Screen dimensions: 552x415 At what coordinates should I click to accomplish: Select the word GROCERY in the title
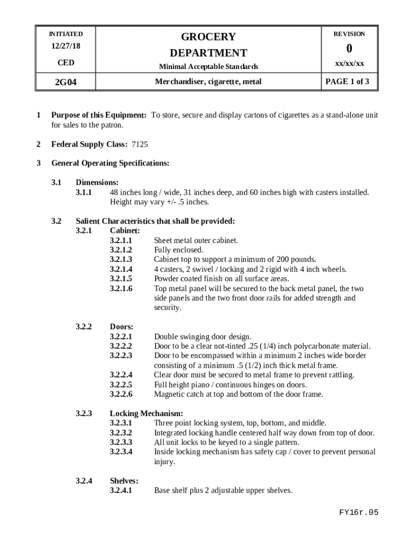click(208, 37)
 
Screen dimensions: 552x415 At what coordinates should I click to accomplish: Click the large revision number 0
click(349, 49)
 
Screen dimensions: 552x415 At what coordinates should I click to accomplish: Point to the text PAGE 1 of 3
click(349, 82)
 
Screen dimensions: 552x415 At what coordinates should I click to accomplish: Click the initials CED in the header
click(66, 63)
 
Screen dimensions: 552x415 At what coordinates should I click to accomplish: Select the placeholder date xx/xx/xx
click(349, 64)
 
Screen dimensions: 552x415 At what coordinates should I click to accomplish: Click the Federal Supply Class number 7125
click(140, 144)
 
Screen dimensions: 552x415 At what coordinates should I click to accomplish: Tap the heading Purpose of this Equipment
click(99, 115)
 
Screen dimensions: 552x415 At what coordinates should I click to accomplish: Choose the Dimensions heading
click(97, 183)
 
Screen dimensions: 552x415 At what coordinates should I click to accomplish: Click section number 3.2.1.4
click(121, 269)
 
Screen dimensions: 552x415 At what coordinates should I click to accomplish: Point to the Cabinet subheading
click(125, 231)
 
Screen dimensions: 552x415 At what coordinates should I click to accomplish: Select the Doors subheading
click(122, 327)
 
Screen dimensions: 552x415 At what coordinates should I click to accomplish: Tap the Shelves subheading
click(124, 481)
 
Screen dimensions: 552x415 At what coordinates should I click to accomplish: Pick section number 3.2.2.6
click(121, 394)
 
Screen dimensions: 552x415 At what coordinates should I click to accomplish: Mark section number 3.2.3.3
click(121, 442)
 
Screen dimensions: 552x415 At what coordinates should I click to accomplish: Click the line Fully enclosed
click(178, 250)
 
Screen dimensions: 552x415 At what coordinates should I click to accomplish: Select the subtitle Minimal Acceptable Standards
click(208, 67)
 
